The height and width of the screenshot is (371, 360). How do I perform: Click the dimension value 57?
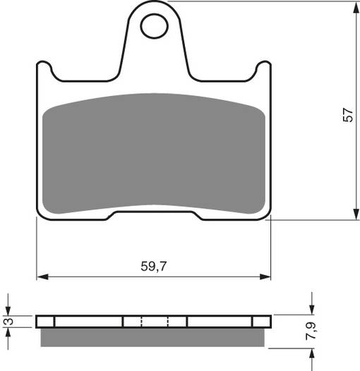[347, 116]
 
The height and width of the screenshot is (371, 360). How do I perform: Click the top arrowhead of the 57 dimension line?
[352, 8]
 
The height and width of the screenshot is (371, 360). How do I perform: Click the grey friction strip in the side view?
[153, 337]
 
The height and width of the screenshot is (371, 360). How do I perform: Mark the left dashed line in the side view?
[142, 322]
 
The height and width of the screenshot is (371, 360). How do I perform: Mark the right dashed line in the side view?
[168, 322]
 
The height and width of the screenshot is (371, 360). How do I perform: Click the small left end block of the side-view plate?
[46, 322]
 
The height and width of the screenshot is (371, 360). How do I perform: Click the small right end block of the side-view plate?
[260, 322]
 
